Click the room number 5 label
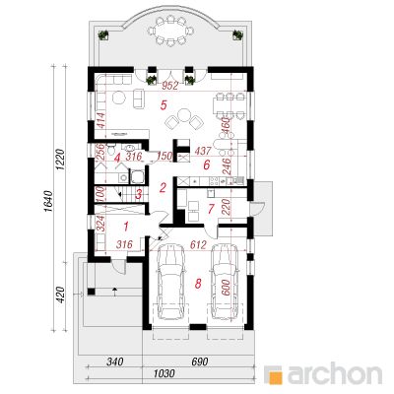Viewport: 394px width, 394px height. point(164,104)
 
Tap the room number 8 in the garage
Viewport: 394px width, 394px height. point(198,283)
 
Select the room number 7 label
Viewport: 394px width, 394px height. point(212,208)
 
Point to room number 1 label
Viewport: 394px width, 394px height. point(126,226)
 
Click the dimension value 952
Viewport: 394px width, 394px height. point(170,86)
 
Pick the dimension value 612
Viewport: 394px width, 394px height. point(198,244)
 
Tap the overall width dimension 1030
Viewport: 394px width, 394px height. point(164,373)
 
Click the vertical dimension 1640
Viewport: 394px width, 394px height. point(48,201)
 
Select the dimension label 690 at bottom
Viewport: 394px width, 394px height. point(199,361)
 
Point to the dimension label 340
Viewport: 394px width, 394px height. point(114,361)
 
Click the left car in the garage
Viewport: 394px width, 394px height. point(170,281)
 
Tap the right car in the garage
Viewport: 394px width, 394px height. point(225,281)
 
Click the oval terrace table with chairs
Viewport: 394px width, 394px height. point(170,31)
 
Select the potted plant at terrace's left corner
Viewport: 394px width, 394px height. point(103,34)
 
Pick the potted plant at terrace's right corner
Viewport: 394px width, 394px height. point(237,34)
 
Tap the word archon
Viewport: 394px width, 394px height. point(335,373)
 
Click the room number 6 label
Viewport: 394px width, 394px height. point(206,164)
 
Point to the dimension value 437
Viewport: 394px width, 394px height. point(203,152)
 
